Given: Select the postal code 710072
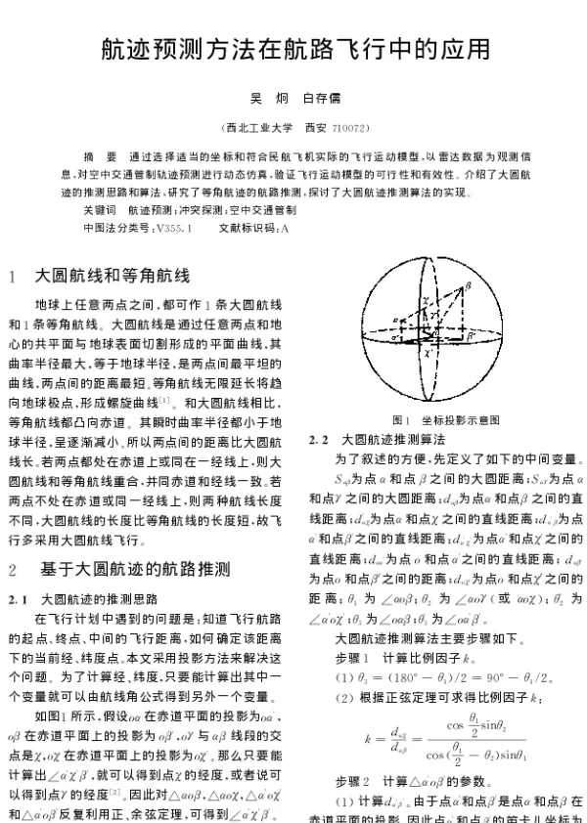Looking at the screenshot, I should click(x=350, y=128).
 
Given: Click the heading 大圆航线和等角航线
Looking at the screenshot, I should click(x=113, y=276).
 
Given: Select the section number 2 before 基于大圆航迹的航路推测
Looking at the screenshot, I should click(x=13, y=569).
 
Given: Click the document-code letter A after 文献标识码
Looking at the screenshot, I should click(x=285, y=227).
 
